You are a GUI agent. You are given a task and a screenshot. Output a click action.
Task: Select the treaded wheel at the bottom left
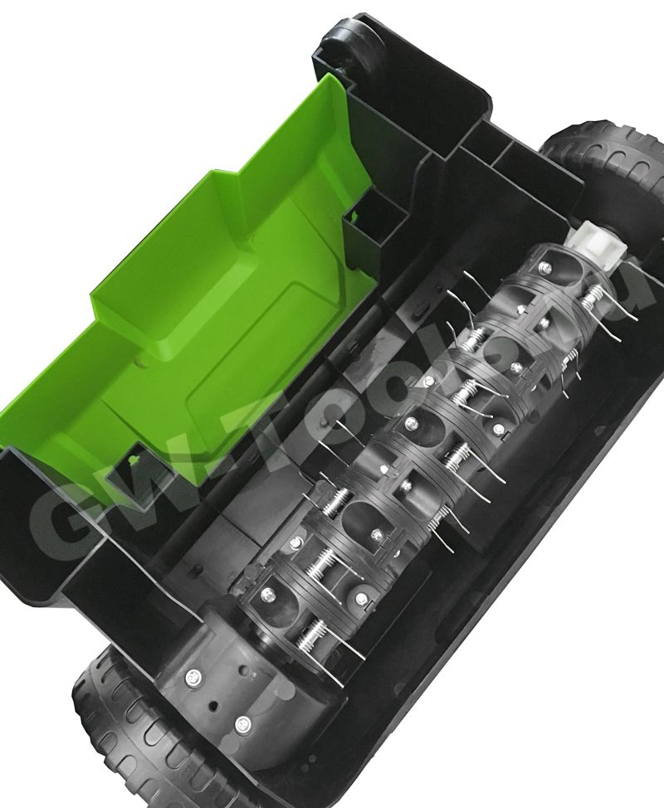tap(133, 730)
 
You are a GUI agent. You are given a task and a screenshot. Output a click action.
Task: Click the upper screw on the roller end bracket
tap(193, 678)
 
